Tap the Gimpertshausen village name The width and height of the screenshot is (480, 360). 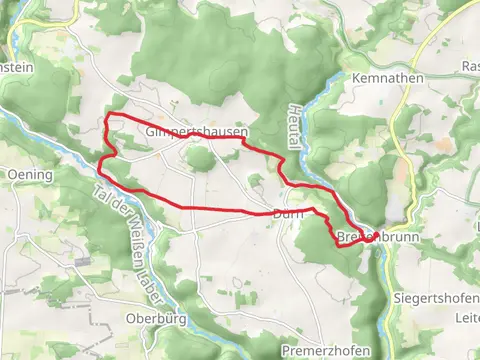[195, 132]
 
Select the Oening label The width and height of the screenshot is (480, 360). [28, 174]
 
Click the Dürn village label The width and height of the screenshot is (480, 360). [287, 214]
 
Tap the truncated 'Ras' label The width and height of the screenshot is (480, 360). [470, 66]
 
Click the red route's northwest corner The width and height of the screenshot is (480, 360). [106, 118]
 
